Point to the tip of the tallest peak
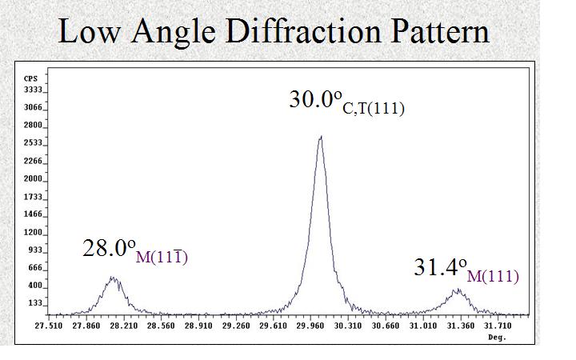pyautogui.click(x=321, y=136)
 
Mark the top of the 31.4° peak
pyautogui.click(x=457, y=290)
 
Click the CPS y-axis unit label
pyautogui.click(x=31, y=78)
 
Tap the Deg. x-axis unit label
pyautogui.click(x=498, y=337)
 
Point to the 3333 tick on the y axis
pyautogui.click(x=34, y=90)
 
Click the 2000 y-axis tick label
pyautogui.click(x=34, y=178)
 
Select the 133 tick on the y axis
pyautogui.click(x=36, y=303)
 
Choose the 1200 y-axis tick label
pyautogui.click(x=34, y=232)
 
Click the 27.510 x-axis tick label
pyautogui.click(x=48, y=326)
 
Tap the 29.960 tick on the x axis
pyautogui.click(x=310, y=326)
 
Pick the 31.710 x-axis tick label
pyautogui.click(x=498, y=326)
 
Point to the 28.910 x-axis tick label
pyautogui.click(x=198, y=326)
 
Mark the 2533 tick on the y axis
pyautogui.click(x=34, y=143)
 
